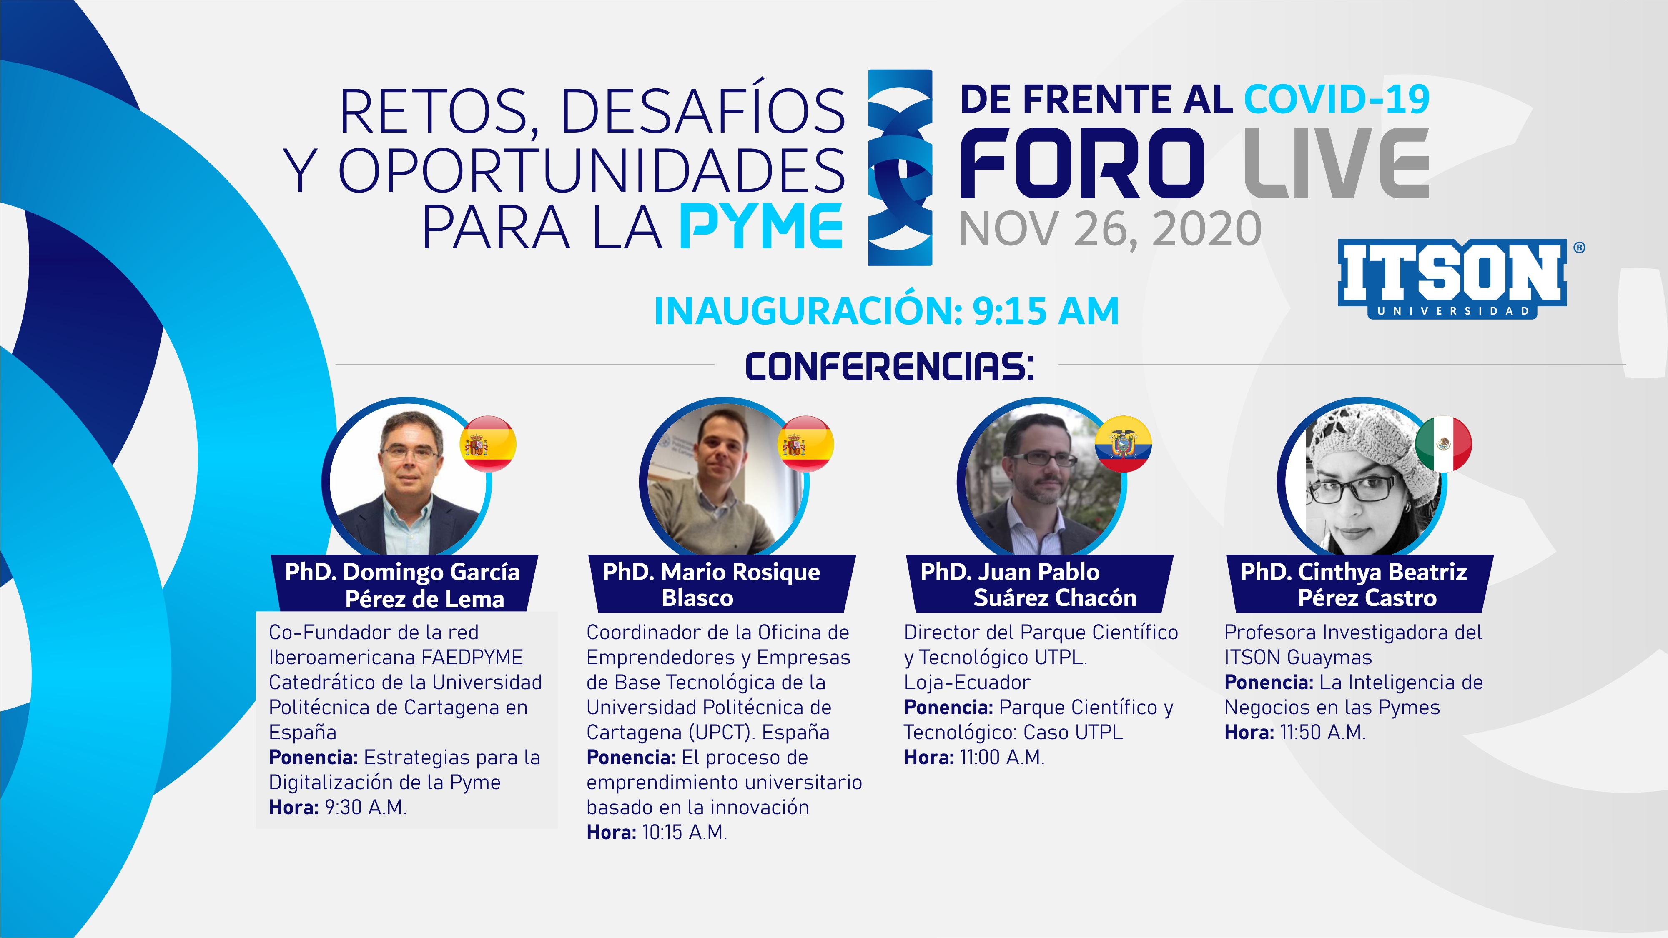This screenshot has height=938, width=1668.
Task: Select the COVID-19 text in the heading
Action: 1337,99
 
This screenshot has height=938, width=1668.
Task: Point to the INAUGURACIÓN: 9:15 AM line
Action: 886,311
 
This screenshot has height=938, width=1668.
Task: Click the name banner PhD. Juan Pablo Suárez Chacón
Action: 1038,584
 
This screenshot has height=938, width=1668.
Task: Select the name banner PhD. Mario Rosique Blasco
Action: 721,584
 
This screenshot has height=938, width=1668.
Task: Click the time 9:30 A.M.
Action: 366,807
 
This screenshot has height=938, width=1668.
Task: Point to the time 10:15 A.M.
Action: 685,833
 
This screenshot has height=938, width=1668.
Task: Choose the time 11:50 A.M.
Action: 1323,732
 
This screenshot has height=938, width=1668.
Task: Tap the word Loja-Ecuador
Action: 967,682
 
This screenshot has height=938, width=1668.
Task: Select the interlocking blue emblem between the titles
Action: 900,168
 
